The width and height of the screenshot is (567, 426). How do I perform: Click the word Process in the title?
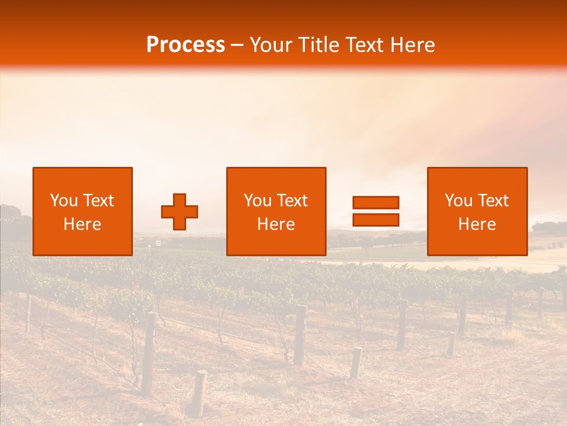pos(185,45)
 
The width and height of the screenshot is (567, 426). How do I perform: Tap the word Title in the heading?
pos(318,45)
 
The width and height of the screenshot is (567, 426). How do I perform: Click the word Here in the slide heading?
pos(413,45)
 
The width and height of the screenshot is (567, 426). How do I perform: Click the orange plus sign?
pos(180,212)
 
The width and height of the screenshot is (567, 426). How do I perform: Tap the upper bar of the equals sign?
pos(376,203)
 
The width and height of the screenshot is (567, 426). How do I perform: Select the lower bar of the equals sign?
pos(376,220)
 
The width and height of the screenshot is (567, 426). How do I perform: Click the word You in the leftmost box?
pos(64,201)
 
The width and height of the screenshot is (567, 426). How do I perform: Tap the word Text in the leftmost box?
pos(98,201)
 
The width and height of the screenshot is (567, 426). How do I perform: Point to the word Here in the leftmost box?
pos(82,224)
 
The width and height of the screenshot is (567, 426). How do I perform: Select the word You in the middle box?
pos(258,201)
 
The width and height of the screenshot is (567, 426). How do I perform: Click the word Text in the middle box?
pos(292,201)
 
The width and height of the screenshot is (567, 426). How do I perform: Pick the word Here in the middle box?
pos(276,224)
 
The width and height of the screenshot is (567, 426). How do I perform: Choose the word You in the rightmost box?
pos(458,201)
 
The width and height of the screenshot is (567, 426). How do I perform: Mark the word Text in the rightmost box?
pos(493,201)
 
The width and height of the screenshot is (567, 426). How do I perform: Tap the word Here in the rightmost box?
pos(477,224)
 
